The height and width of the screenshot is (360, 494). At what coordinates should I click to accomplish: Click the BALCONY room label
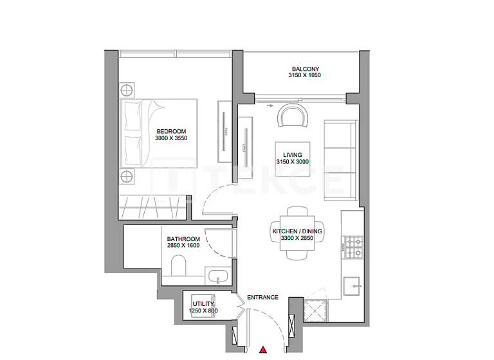click(305, 69)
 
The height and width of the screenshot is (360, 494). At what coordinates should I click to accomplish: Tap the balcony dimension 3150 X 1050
click(305, 76)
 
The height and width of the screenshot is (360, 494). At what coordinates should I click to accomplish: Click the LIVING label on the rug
click(293, 155)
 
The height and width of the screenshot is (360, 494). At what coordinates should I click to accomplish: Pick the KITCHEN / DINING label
click(297, 231)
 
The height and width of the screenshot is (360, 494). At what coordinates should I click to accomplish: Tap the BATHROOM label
click(183, 239)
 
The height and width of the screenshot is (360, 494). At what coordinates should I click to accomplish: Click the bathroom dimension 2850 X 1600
click(183, 246)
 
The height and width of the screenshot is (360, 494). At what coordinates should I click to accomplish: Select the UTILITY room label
click(203, 303)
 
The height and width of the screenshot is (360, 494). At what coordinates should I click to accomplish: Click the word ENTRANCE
click(262, 297)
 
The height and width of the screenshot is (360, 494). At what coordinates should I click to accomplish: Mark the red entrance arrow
click(263, 350)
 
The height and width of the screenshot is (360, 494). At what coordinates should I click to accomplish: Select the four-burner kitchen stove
click(353, 248)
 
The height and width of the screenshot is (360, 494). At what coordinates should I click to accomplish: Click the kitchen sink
click(352, 283)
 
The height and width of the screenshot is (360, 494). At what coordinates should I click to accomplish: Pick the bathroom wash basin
click(217, 277)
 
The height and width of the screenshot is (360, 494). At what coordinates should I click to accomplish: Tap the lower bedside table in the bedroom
click(127, 176)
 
